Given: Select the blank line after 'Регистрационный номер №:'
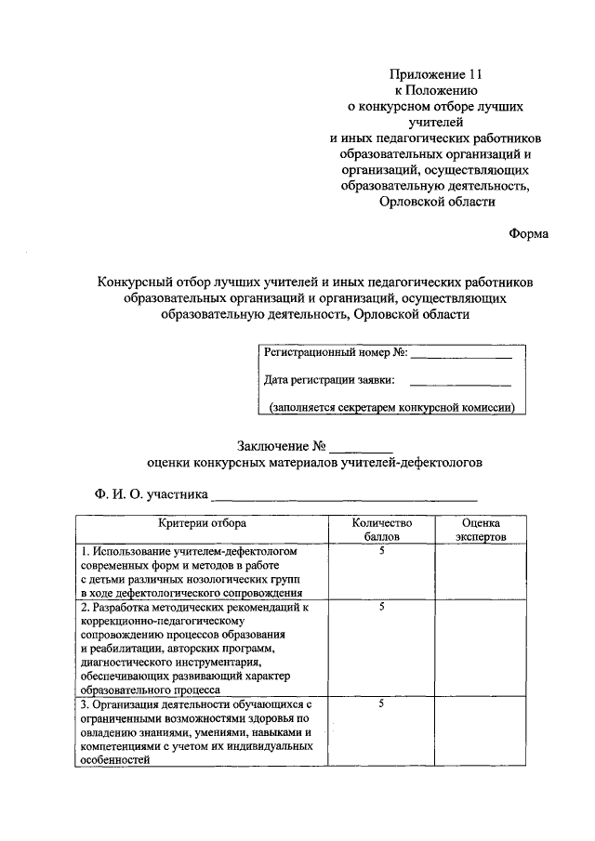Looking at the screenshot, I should tap(462, 356).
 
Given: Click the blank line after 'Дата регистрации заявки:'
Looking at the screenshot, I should tap(460, 383).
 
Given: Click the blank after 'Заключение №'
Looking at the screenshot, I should tap(362, 447).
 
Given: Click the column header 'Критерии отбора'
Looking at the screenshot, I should tap(202, 524).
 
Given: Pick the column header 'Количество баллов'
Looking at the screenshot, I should tap(381, 530).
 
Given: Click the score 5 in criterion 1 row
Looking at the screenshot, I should tap(381, 552).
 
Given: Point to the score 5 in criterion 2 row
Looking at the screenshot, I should tap(381, 607).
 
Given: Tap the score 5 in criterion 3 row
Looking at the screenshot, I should tap(381, 704).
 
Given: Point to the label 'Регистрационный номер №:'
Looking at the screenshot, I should tap(336, 353).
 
